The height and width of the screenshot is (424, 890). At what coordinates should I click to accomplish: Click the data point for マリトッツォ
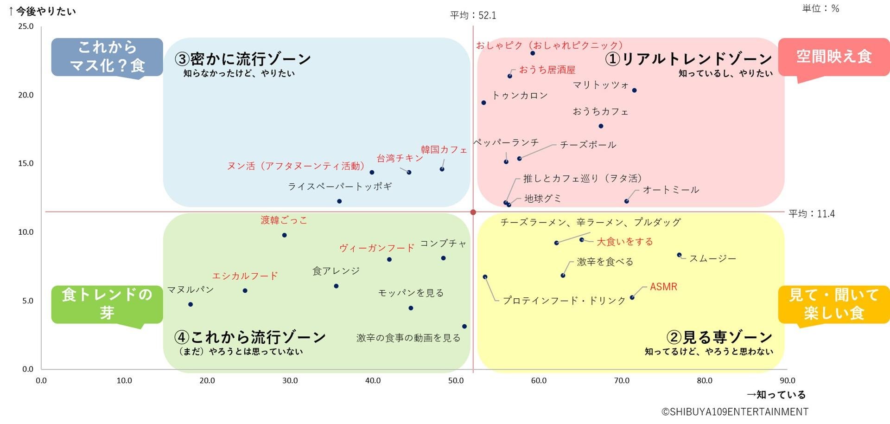[x=634, y=90]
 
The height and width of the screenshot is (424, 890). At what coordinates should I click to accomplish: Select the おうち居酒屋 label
[x=547, y=70]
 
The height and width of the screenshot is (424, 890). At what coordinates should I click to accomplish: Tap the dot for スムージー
[x=679, y=255]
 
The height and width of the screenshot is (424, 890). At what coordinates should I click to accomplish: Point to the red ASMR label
[x=663, y=287]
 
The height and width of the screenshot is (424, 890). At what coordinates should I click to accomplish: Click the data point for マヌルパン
[x=191, y=304]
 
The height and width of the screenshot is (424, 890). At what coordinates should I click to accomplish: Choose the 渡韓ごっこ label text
[x=284, y=220]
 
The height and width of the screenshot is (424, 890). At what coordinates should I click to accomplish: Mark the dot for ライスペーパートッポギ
[x=339, y=201]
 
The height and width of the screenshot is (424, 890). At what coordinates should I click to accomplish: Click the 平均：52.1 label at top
[x=473, y=15]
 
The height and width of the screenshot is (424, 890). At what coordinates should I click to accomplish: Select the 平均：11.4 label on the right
[x=812, y=214]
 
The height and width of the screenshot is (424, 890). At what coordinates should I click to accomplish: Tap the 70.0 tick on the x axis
[x=622, y=381]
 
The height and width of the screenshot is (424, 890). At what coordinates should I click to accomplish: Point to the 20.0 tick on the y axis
[x=26, y=95]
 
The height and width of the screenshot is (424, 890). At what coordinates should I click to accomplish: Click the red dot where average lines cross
[x=473, y=212]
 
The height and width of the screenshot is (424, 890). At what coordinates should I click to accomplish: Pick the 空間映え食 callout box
[x=833, y=57]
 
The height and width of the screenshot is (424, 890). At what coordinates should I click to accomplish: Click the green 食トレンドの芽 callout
[x=107, y=303]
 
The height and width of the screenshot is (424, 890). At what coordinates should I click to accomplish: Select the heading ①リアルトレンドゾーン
[x=688, y=59]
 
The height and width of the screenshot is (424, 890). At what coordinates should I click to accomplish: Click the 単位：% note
[x=820, y=8]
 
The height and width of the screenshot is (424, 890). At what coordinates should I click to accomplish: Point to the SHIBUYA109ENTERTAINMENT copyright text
[x=735, y=412]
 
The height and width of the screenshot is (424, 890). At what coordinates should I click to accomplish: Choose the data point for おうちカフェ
[x=601, y=126]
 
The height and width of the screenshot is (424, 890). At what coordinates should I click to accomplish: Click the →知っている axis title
[x=776, y=395]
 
